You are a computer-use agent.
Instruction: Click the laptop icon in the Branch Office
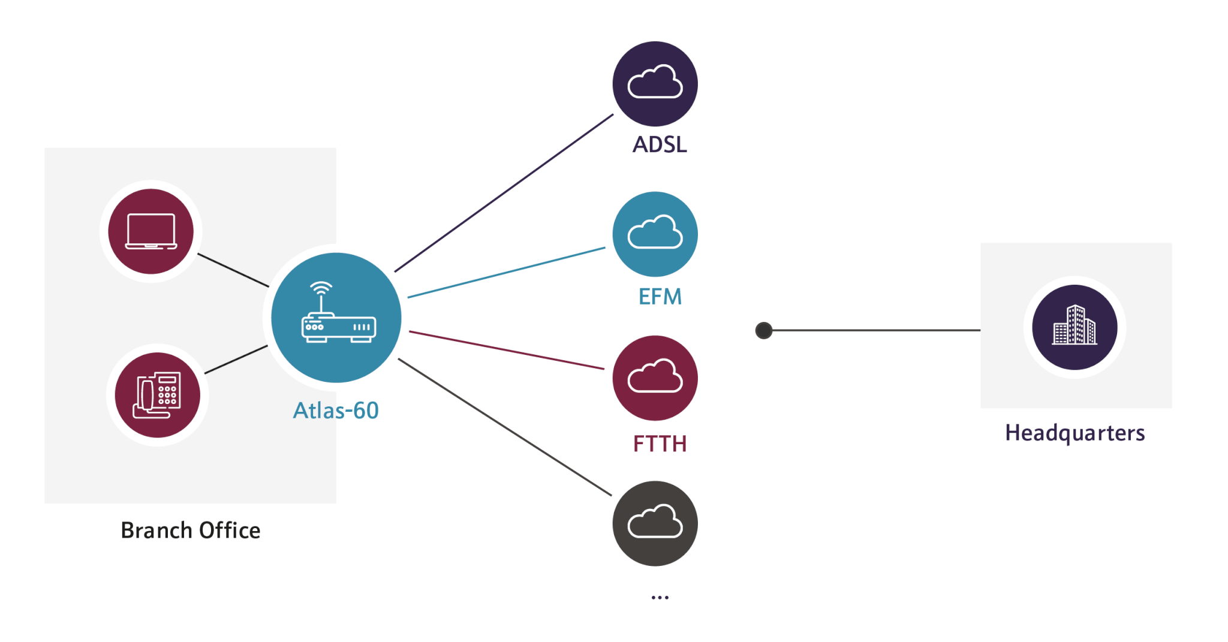(151, 231)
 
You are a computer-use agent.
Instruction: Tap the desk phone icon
(158, 395)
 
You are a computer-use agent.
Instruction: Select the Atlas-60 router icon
(337, 314)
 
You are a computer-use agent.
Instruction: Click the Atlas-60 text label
(336, 411)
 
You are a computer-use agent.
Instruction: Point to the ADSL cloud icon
(655, 83)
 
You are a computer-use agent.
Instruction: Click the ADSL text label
(660, 145)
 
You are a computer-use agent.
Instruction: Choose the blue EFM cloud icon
(655, 233)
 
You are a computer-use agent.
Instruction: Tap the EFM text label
(660, 297)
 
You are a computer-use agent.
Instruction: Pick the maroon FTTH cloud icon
(655, 378)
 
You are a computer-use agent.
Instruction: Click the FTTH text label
(660, 444)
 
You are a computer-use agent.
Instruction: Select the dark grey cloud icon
(655, 523)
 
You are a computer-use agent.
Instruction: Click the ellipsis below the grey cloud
(660, 597)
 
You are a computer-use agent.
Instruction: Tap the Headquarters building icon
(1074, 327)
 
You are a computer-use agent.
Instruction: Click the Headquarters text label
(1075, 433)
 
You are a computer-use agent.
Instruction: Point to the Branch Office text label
(191, 531)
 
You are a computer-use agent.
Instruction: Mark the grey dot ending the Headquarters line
(764, 330)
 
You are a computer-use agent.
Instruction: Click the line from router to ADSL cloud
(504, 192)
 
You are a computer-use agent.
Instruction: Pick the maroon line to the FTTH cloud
(507, 350)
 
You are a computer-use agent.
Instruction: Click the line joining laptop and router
(233, 270)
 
